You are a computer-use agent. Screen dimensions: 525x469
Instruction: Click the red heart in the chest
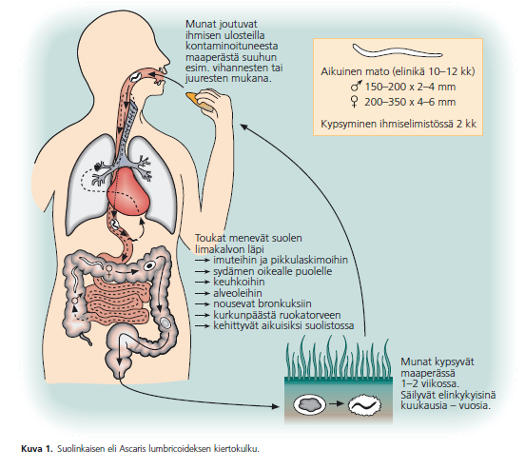(x=128, y=191)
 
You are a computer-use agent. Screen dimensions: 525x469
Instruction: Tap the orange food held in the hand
(x=198, y=100)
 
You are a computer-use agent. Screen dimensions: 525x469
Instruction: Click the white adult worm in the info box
(x=398, y=50)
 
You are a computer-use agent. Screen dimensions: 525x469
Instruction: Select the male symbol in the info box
(x=356, y=87)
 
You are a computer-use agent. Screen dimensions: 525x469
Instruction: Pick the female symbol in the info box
(x=354, y=102)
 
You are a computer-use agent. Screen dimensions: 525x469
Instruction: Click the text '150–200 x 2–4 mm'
(x=410, y=87)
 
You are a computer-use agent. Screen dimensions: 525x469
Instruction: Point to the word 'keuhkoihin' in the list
(x=239, y=282)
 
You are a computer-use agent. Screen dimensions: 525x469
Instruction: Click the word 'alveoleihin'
(x=238, y=293)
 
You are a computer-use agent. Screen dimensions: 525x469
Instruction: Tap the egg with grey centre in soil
(x=310, y=404)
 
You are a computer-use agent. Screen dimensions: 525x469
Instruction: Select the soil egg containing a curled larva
(x=364, y=404)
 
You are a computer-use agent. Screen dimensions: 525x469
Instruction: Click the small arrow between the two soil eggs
(x=336, y=403)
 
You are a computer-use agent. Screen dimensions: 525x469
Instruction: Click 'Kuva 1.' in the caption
(x=37, y=449)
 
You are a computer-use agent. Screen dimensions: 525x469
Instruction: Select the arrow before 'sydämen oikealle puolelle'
(x=203, y=271)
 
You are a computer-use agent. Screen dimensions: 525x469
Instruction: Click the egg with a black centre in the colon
(x=149, y=266)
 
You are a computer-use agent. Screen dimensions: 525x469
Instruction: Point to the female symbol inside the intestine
(x=108, y=269)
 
